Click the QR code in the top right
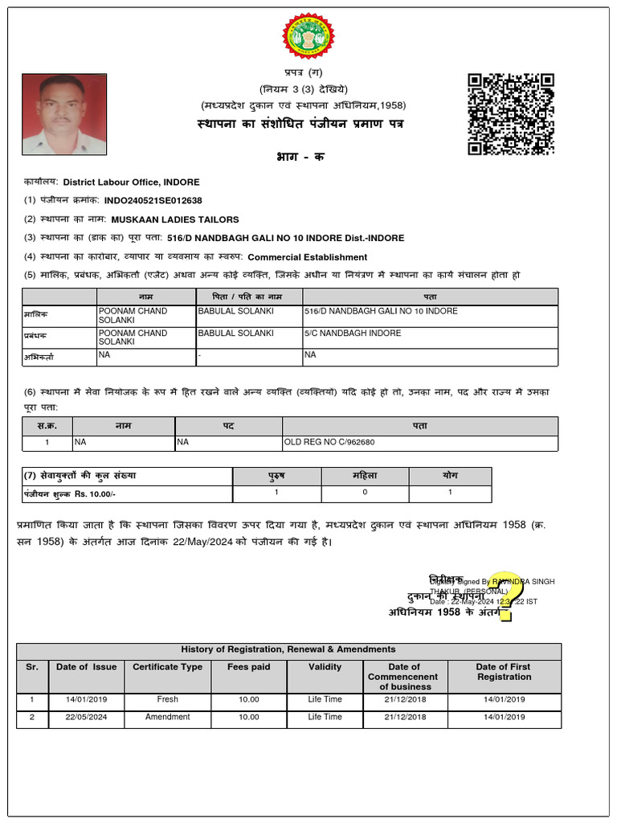pyautogui.click(x=511, y=113)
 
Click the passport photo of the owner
pyautogui.click(x=63, y=114)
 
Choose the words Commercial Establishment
pyautogui.click(x=307, y=257)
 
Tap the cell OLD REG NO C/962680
pyautogui.click(x=329, y=442)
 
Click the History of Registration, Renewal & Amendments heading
pyautogui.click(x=288, y=649)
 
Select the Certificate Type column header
pyautogui.click(x=167, y=667)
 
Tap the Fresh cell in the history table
pyautogui.click(x=167, y=699)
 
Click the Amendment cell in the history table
pyautogui.click(x=167, y=717)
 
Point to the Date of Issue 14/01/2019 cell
pyautogui.click(x=86, y=699)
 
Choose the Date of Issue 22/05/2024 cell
pyautogui.click(x=86, y=717)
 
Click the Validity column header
pyautogui.click(x=325, y=667)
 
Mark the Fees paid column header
pyautogui.click(x=249, y=667)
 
